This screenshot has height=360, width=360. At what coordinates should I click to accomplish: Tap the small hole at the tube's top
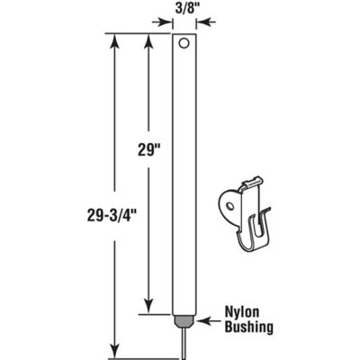click(183, 42)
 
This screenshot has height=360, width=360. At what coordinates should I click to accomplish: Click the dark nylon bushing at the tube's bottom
click(183, 319)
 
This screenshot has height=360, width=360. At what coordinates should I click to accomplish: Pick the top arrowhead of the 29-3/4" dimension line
click(112, 38)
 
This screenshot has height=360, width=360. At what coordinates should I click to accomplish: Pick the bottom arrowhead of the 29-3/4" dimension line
click(112, 352)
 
